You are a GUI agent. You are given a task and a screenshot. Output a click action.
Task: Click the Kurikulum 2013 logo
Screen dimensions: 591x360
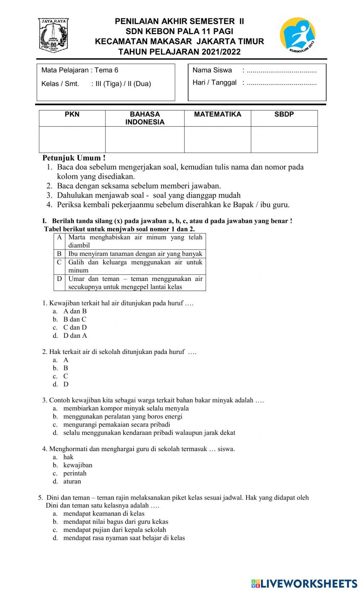(x=298, y=35)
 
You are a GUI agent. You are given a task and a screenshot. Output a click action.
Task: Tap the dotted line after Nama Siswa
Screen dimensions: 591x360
(x=282, y=71)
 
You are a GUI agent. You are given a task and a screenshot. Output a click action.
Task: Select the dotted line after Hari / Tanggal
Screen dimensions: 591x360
(x=282, y=83)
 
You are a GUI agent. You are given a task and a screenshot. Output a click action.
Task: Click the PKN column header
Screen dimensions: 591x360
(x=72, y=114)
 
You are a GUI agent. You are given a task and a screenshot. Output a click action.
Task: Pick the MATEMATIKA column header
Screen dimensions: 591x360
(x=217, y=114)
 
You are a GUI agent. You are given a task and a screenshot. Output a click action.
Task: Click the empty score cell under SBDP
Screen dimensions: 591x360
(x=284, y=140)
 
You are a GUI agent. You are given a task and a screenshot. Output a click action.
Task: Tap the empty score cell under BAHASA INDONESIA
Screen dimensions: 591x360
(x=145, y=140)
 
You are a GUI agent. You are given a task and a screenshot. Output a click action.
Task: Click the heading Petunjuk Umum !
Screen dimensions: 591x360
(x=74, y=158)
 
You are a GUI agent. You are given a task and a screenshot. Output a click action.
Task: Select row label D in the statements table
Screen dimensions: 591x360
(x=59, y=279)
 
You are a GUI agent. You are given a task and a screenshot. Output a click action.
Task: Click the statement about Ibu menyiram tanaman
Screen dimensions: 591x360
(x=135, y=254)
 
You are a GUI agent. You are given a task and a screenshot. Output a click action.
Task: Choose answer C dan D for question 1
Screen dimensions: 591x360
(x=75, y=327)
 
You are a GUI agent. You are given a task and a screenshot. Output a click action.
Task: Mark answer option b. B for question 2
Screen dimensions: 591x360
(x=66, y=368)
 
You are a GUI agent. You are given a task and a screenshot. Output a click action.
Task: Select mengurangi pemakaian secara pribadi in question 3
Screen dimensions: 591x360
(x=117, y=424)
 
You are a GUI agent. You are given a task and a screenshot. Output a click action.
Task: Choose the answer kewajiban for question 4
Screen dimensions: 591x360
(x=78, y=465)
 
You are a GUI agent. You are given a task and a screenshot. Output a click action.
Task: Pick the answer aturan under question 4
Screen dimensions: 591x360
(x=72, y=481)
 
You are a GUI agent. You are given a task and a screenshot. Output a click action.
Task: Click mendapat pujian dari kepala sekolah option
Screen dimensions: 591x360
(x=114, y=529)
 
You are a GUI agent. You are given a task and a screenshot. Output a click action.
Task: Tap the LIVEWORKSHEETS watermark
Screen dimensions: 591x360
(x=304, y=583)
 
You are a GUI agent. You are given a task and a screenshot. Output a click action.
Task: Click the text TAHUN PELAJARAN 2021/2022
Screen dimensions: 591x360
(x=179, y=51)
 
